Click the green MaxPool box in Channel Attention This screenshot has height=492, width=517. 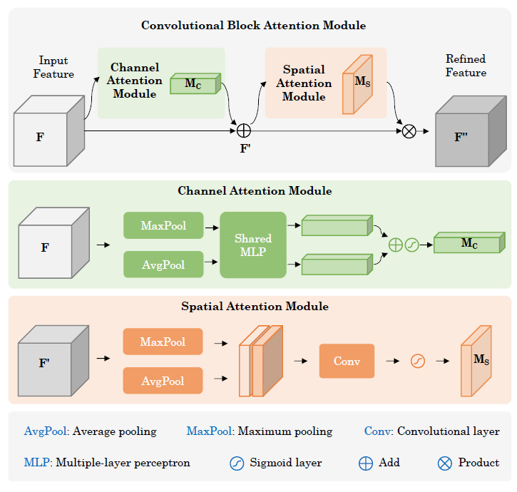click(163, 226)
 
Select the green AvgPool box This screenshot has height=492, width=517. click(163, 265)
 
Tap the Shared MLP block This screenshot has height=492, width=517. click(253, 245)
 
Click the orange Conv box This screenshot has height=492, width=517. click(347, 361)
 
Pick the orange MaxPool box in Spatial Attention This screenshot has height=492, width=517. click(163, 342)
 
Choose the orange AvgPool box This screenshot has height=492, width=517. click(163, 381)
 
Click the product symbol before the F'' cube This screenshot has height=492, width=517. click(409, 131)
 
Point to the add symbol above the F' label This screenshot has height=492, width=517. click(243, 130)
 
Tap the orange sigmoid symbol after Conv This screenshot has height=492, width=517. click(418, 361)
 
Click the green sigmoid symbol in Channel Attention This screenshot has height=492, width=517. click(411, 245)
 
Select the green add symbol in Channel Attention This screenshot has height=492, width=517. click(395, 245)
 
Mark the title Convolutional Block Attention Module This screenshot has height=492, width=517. click(253, 26)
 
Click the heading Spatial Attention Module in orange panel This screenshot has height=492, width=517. click(255, 307)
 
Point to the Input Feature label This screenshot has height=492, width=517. click(53, 68)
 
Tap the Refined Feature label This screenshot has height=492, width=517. click(466, 66)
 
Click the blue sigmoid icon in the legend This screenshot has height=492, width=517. click(237, 463)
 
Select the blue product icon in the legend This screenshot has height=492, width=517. click(444, 463)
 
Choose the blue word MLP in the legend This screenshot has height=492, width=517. click(36, 463)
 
